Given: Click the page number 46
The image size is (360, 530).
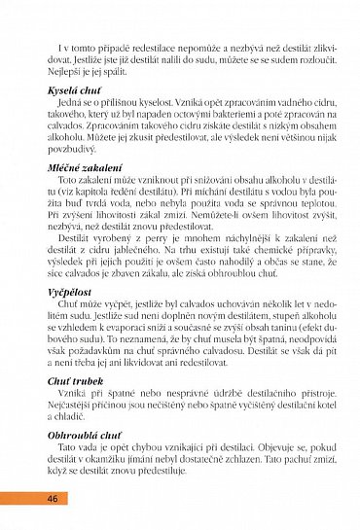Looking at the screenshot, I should [51, 498].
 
